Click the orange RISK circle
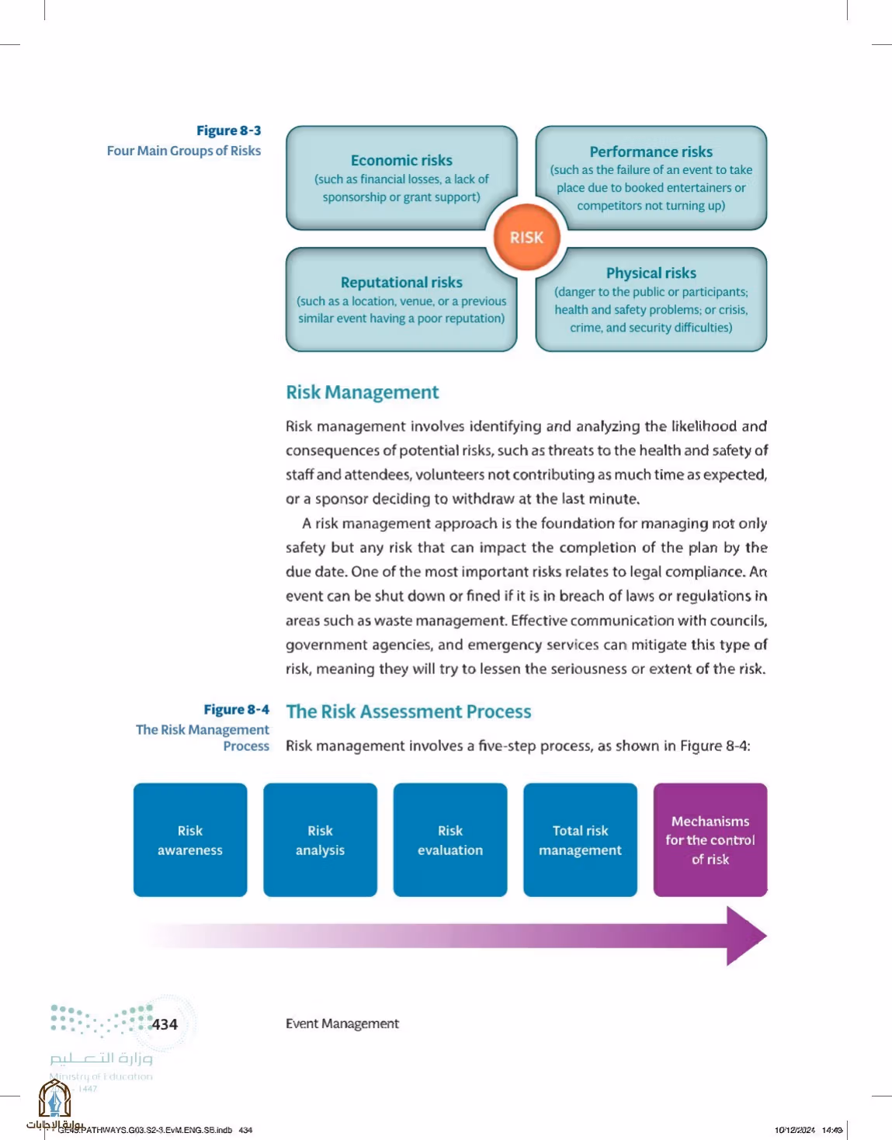coord(526,237)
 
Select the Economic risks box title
coord(401,160)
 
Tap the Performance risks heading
coord(651,151)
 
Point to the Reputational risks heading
coord(401,282)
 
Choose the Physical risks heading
coord(651,273)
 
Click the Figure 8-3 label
coord(229,130)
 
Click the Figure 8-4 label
coord(237,709)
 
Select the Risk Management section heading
coord(363,392)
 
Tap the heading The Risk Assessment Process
coord(408,711)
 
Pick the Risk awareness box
coord(190,839)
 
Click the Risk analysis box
coord(320,839)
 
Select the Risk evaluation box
coord(450,839)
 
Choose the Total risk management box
coord(580,839)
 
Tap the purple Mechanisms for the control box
coord(710,839)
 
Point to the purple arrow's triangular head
coord(744,936)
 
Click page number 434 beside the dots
coord(165,1024)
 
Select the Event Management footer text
coord(342,1024)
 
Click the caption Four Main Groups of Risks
coord(183,151)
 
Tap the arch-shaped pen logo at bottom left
coord(54,1097)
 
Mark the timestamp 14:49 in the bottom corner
coord(832,1129)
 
